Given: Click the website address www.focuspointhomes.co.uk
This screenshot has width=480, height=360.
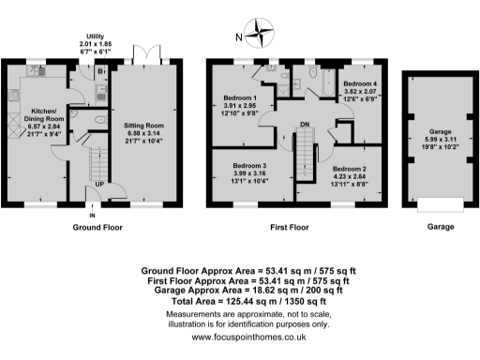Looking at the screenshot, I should [x=240, y=337].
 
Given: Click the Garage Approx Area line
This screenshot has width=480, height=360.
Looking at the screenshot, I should [x=240, y=290].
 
